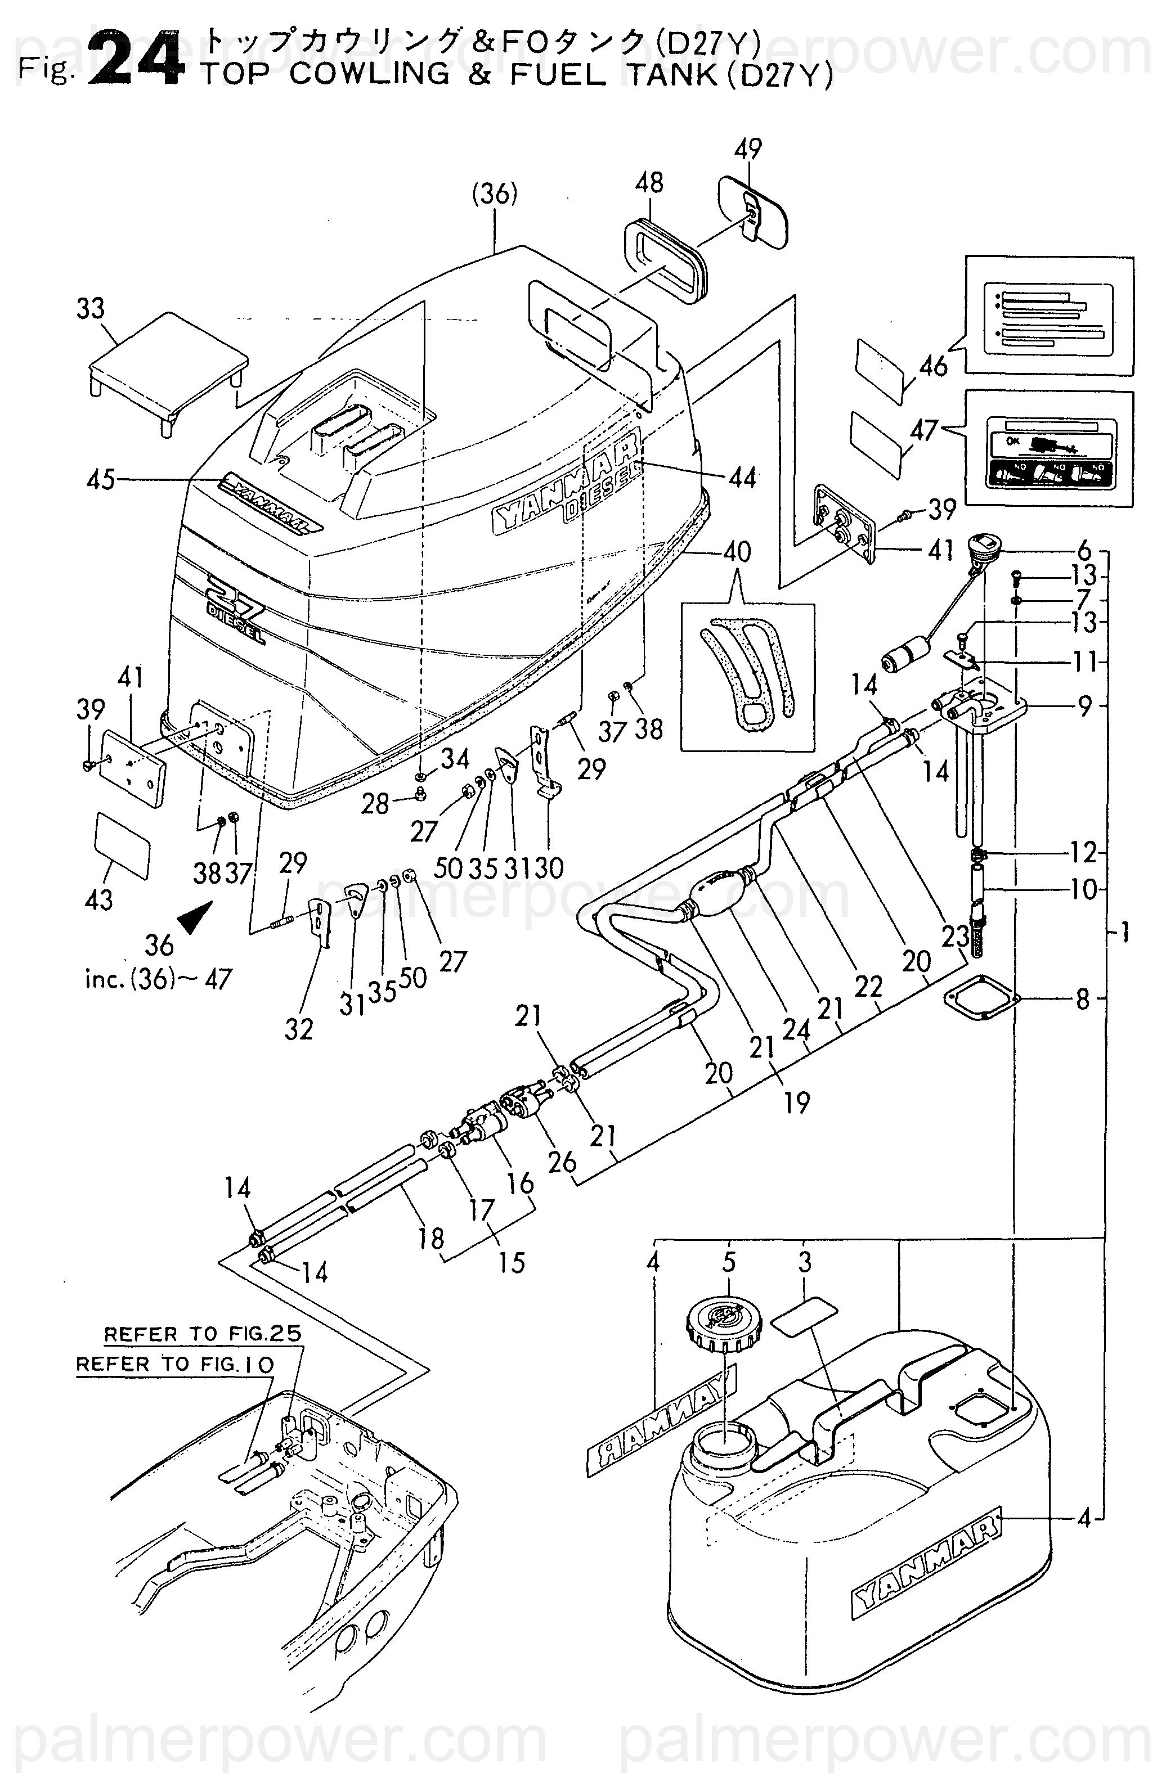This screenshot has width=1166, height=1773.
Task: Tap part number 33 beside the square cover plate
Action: [91, 308]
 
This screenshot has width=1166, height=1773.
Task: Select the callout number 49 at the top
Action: [748, 150]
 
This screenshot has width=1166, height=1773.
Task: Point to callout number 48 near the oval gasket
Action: [649, 182]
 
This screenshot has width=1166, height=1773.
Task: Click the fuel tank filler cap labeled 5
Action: [720, 1326]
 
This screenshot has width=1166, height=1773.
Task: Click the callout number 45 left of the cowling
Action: [101, 479]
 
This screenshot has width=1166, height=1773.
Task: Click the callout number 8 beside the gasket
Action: [1083, 1000]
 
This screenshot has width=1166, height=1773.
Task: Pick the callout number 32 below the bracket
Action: [299, 1029]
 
